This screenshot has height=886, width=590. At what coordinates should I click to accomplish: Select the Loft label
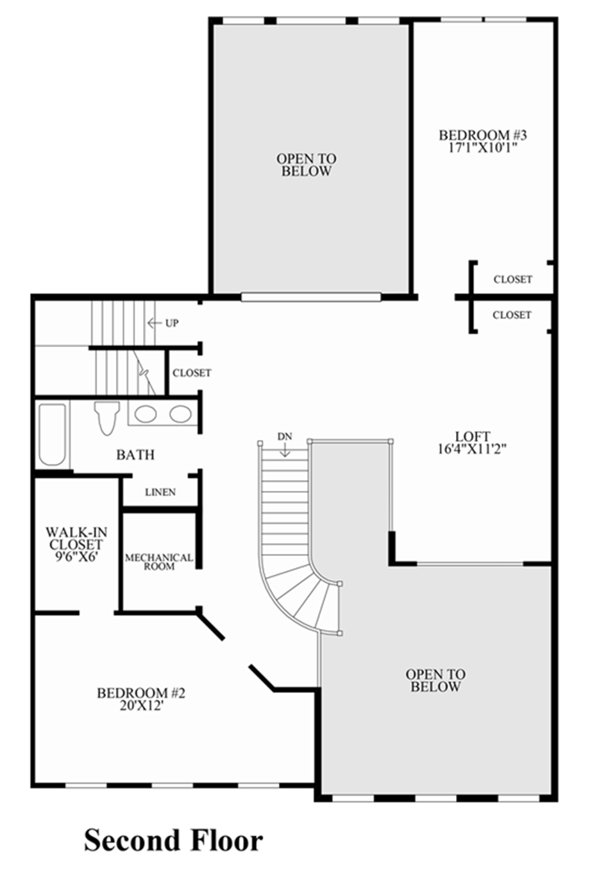473,437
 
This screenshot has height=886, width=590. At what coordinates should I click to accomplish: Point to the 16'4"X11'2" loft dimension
473,449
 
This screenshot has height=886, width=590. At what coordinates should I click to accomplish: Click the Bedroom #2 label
141,694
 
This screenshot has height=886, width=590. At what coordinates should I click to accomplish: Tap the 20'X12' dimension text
141,706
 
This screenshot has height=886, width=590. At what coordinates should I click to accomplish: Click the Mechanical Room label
159,562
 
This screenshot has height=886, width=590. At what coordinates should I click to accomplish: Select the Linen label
160,492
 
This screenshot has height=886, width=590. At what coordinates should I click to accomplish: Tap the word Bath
135,455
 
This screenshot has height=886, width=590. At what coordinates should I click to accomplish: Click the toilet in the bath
105,418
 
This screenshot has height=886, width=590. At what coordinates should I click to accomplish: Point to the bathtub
52,434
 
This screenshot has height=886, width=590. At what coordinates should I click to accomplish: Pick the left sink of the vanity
145,414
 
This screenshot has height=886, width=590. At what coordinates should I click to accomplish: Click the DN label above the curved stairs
285,437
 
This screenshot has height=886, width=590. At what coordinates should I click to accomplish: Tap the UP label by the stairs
172,323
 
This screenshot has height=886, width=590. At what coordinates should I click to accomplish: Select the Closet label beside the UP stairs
192,373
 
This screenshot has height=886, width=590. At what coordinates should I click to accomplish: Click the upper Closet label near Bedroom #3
512,279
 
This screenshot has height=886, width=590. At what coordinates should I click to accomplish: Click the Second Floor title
173,840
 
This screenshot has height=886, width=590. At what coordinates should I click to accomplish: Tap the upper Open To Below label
306,165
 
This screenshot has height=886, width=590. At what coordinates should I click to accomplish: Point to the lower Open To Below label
435,680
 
